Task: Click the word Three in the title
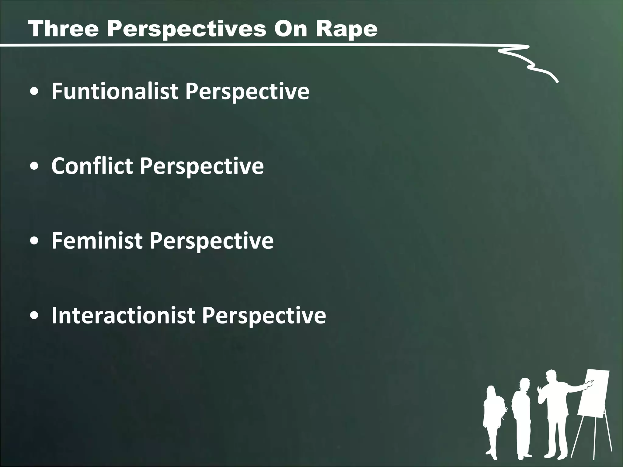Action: (63, 29)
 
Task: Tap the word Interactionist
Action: (123, 315)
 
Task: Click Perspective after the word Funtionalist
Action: (247, 92)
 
